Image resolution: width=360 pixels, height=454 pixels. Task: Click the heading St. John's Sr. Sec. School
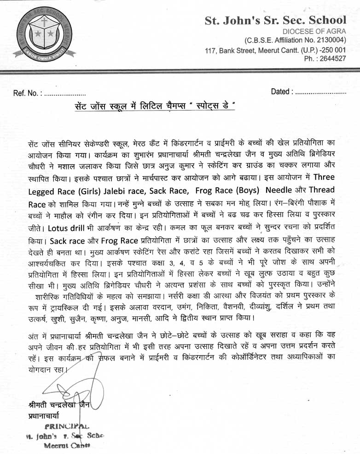(x=275, y=20)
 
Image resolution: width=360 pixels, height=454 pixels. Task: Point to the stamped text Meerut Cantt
(x=67, y=446)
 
